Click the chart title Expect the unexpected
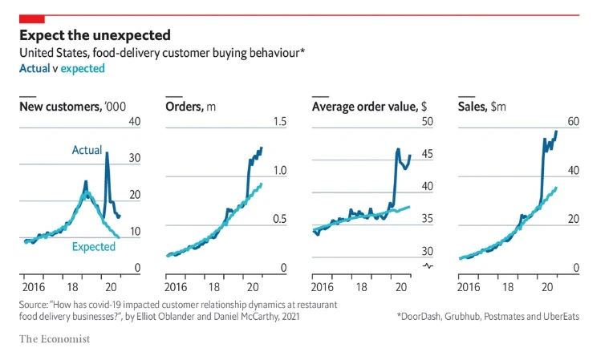95,35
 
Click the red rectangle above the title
32,18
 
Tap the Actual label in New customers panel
87,150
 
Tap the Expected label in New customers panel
94,247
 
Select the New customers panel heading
72,107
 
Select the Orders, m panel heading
190,107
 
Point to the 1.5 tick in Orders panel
279,121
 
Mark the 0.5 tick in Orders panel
279,220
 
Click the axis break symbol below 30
427,266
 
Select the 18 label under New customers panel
69,287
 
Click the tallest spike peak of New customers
107,153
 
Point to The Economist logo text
55,339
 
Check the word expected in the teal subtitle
83,69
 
